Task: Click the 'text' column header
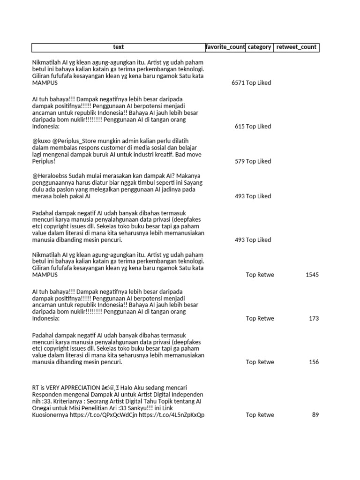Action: click(119, 47)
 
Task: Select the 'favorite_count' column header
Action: click(225, 47)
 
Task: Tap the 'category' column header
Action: click(259, 47)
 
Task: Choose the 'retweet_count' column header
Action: click(296, 47)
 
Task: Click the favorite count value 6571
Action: click(238, 83)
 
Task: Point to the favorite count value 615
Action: click(240, 127)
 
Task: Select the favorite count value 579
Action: click(240, 161)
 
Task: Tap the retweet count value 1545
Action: click(312, 275)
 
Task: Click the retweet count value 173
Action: click(314, 319)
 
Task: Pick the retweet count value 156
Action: click(314, 362)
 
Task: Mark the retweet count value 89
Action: click(315, 415)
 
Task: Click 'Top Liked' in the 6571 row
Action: click(259, 83)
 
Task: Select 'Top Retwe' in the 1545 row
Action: click(260, 275)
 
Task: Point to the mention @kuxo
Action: click(41, 141)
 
